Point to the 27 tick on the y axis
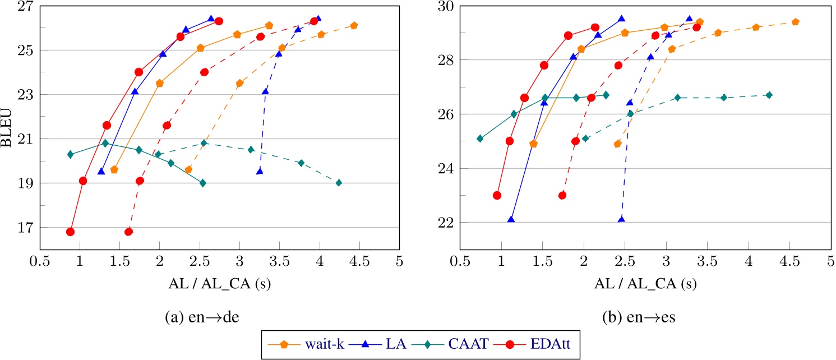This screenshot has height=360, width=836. coord(26,6)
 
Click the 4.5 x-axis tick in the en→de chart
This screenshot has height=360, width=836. coord(359,261)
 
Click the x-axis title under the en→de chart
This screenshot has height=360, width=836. coord(219,284)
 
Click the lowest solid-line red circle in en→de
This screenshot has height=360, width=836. coord(70,232)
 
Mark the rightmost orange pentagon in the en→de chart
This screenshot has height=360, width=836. coord(354,26)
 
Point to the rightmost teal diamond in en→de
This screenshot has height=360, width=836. coord(339,183)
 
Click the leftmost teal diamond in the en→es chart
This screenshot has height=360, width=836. coord(480,139)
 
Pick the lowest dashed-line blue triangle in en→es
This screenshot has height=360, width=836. coord(621,220)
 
